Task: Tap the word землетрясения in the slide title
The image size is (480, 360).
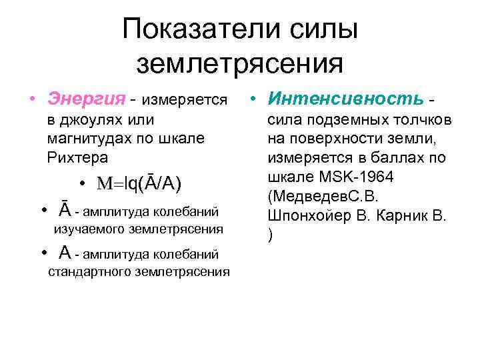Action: pos(239,63)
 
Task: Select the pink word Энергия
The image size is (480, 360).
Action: pos(86,99)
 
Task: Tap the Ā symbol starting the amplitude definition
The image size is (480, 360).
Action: pos(65,210)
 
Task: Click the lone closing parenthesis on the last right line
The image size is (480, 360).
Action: pos(271,237)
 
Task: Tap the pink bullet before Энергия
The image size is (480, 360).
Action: pos(31,100)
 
